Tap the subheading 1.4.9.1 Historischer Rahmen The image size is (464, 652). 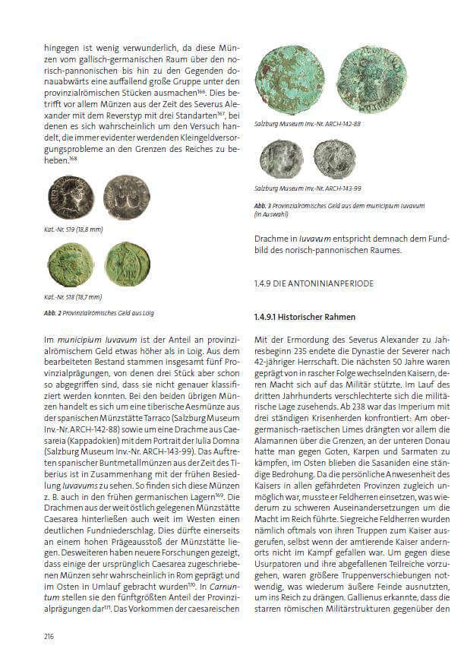(x=305, y=315)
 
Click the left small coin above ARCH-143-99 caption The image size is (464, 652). (x=277, y=157)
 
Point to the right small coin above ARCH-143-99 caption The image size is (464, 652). (x=334, y=157)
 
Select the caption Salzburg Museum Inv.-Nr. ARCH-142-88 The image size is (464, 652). (x=308, y=123)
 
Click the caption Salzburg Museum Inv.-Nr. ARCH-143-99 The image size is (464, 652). (x=308, y=188)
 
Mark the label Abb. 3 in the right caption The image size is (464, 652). (x=263, y=207)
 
